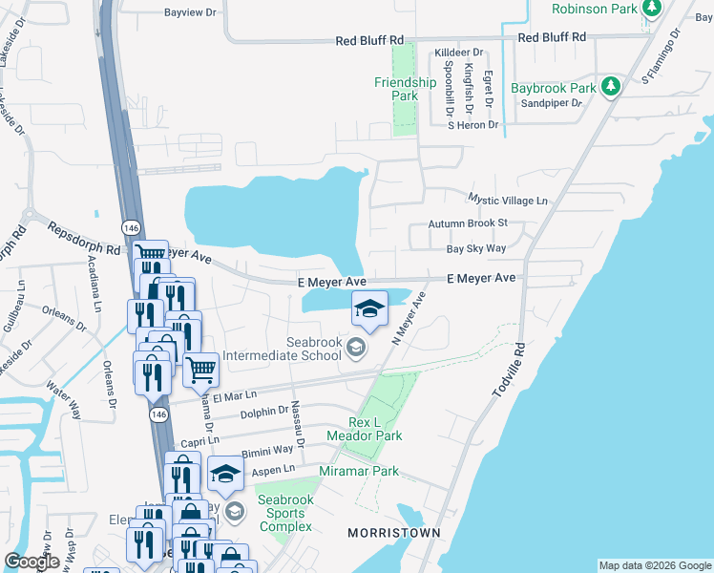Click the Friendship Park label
tap(406, 89)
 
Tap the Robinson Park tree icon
tap(652, 9)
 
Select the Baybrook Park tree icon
tap(611, 88)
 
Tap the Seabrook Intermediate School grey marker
tap(356, 347)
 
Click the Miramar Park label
tap(359, 471)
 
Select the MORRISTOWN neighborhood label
tap(393, 532)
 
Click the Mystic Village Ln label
tap(508, 200)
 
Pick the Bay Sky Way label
tap(476, 248)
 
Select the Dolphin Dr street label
tap(264, 411)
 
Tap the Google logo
tap(31, 562)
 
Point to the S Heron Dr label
tap(473, 125)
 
